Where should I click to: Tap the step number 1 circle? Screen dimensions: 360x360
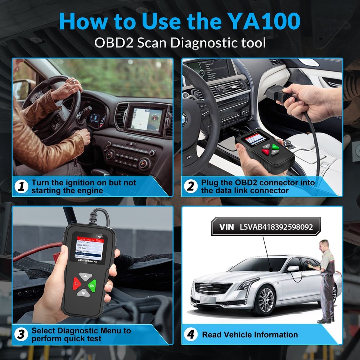coord(22,186)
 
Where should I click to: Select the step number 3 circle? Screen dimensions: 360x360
coord(22,334)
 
